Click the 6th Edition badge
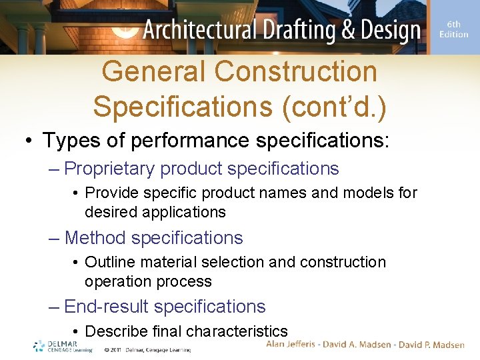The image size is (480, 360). point(453,29)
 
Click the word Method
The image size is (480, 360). point(95,237)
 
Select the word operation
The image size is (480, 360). point(117,281)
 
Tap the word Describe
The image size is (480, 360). point(117,331)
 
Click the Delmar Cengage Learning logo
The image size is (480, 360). point(63,346)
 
